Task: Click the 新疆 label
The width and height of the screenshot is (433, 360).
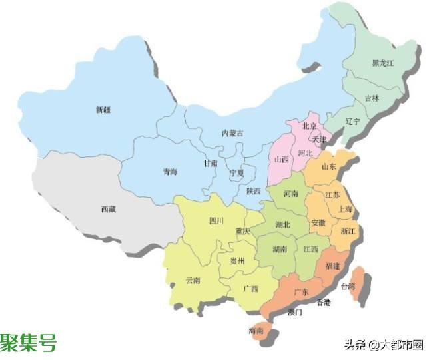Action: pyautogui.click(x=103, y=110)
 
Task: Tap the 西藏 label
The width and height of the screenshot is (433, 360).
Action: pyautogui.click(x=108, y=210)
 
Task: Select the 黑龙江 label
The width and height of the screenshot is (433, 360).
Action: pyautogui.click(x=384, y=63)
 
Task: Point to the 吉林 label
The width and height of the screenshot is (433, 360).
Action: pyautogui.click(x=372, y=98)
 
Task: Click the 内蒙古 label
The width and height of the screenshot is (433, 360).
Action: pyautogui.click(x=232, y=133)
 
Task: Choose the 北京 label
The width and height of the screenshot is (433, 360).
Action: pyautogui.click(x=309, y=126)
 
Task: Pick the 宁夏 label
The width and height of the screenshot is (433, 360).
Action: pyautogui.click(x=237, y=173)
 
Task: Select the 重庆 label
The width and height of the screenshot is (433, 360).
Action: pyautogui.click(x=242, y=232)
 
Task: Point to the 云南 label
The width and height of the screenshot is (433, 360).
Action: pyautogui.click(x=193, y=281)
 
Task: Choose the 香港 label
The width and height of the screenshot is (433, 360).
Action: pyautogui.click(x=323, y=303)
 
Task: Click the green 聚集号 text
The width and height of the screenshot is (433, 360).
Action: pyautogui.click(x=28, y=343)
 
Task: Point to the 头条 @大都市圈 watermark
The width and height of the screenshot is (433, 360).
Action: pyautogui.click(x=383, y=345)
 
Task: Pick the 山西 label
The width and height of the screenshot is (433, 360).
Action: pyautogui.click(x=282, y=160)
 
